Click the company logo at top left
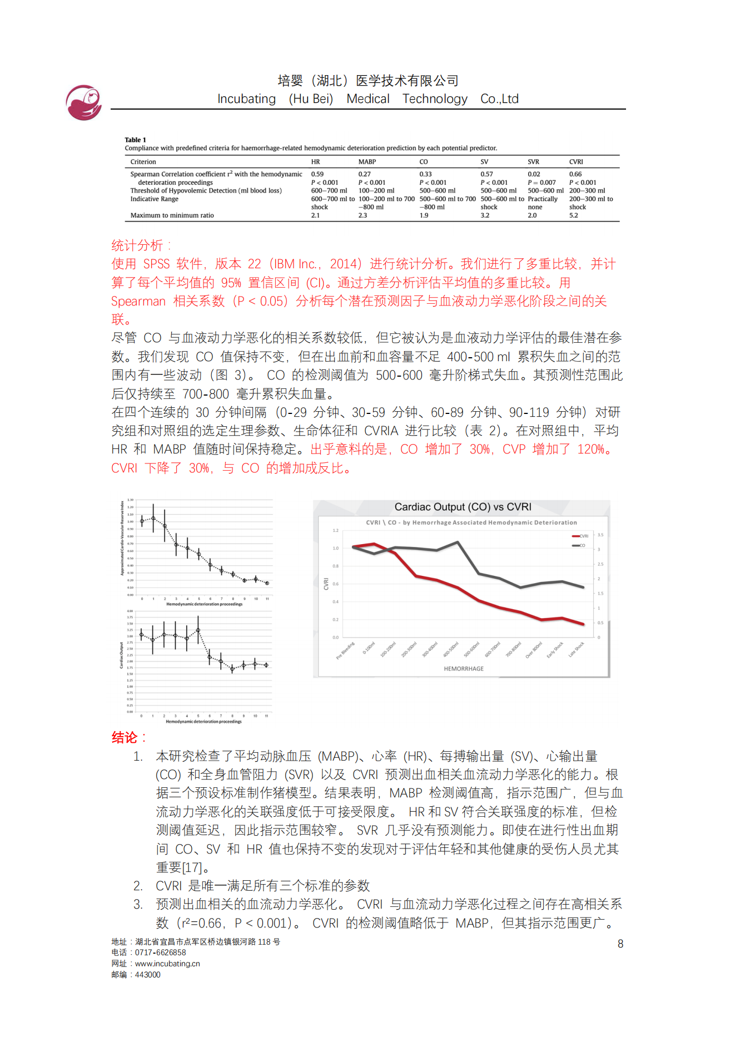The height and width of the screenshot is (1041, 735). click(x=83, y=102)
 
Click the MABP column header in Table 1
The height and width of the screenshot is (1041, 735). click(x=367, y=162)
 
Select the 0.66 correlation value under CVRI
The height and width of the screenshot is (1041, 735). click(x=575, y=174)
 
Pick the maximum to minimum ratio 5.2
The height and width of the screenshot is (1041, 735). click(x=573, y=215)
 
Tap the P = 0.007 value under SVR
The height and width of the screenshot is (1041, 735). click(x=542, y=182)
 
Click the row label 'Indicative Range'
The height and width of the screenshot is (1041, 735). click(x=154, y=199)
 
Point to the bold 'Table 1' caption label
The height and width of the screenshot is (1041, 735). click(x=135, y=140)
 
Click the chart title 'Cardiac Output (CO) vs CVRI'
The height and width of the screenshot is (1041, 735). click(x=463, y=507)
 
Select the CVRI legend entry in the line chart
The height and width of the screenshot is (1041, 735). click(x=580, y=536)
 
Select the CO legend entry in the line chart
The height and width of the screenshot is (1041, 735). click(x=579, y=545)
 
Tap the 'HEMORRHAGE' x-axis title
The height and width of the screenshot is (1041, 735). click(x=463, y=669)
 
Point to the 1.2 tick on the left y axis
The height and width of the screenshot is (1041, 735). click(x=335, y=531)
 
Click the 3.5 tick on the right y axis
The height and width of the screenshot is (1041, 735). click(x=600, y=535)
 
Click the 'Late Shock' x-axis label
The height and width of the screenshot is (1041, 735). click(x=576, y=650)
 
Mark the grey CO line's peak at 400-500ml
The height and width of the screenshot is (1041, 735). click(x=458, y=542)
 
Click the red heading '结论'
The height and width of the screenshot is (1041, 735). click(x=125, y=738)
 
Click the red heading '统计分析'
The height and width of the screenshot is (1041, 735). click(x=137, y=245)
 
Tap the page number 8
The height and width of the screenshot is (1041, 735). click(x=620, y=944)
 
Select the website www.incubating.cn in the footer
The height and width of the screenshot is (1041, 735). click(x=167, y=964)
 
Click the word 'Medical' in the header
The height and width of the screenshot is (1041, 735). click(x=367, y=99)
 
